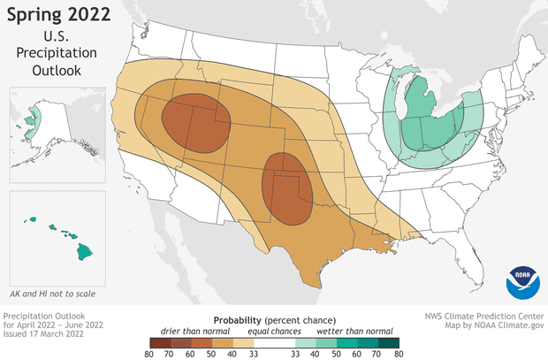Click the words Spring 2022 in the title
point(58,14)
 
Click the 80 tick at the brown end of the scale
point(152,352)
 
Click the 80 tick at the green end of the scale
point(399,352)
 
